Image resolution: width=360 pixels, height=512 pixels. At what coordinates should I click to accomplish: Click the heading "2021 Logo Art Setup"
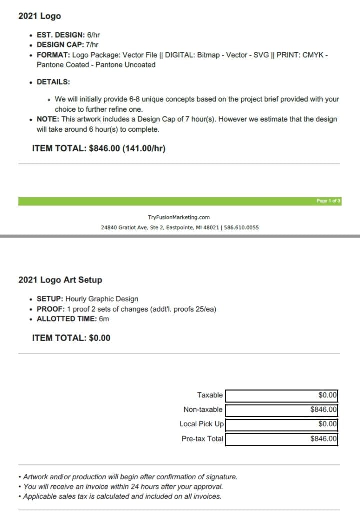[60, 280]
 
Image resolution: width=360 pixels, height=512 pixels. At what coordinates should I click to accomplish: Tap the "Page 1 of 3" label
[328, 201]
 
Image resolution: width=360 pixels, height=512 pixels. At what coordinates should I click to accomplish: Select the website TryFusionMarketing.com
[179, 217]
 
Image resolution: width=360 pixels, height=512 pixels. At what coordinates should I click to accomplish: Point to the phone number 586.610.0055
[242, 227]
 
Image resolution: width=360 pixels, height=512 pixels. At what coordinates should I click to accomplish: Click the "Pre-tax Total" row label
[202, 439]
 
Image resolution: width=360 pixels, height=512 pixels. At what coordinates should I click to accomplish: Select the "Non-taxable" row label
[203, 410]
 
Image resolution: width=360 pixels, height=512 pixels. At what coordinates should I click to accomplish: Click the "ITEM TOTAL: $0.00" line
[71, 338]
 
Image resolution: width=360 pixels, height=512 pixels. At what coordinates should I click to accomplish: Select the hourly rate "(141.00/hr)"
[144, 148]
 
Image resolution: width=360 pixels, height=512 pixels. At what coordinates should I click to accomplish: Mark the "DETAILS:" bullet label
[53, 82]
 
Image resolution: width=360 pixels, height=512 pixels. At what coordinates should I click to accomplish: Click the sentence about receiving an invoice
[123, 486]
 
